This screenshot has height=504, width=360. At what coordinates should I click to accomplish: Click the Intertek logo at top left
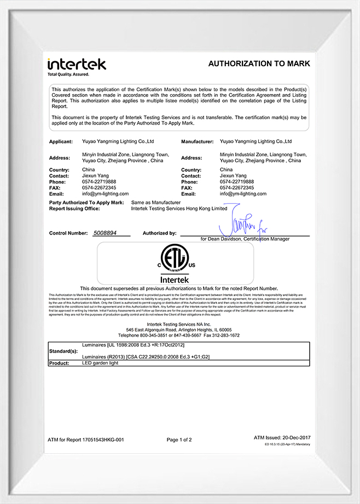coord(77,63)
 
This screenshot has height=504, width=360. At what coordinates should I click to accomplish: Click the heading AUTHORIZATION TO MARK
coord(259,64)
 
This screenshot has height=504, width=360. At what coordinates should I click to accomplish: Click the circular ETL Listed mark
coord(176,262)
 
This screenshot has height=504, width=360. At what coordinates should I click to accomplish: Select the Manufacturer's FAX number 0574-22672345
coord(237,187)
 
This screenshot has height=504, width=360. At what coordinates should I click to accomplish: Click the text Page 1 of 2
coord(179,439)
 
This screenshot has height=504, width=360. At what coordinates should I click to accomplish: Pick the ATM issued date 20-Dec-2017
coord(295,438)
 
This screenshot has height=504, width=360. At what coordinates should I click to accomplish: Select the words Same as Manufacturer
coord(155,203)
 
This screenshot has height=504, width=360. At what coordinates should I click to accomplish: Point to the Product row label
coord(59,363)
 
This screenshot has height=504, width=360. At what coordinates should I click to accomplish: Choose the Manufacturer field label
coord(197,142)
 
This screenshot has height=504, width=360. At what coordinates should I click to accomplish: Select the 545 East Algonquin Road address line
coord(178,330)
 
